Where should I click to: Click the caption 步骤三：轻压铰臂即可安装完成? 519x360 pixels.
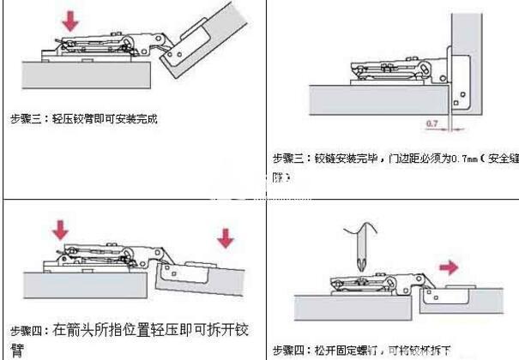click(x=84, y=119)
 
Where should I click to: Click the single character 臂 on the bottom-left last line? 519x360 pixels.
click(x=16, y=351)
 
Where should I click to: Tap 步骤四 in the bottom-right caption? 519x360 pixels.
click(x=290, y=350)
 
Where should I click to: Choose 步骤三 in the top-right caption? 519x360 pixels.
click(x=290, y=159)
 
